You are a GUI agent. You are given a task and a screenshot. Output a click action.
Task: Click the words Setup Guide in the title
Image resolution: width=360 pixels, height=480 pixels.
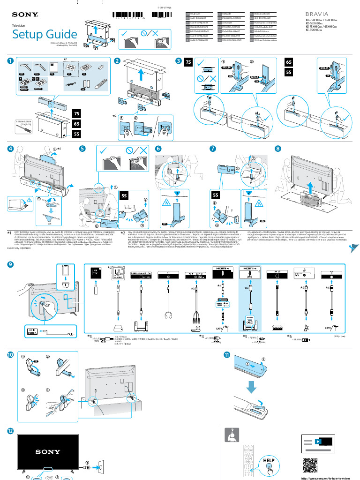[45, 34]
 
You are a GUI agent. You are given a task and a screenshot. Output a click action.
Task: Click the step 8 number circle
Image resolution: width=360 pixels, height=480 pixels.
[278, 149]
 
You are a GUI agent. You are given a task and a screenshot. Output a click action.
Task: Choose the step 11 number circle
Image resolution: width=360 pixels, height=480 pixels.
[227, 355]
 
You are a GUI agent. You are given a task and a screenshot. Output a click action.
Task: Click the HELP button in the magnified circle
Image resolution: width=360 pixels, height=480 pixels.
[269, 461]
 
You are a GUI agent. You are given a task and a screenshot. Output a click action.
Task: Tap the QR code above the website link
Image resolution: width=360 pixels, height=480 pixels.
[311, 465]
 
